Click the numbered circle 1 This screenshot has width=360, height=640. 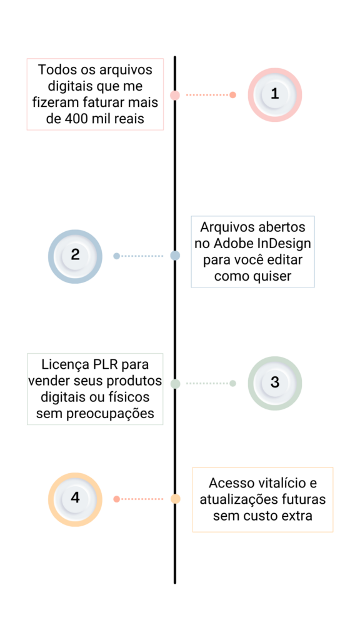click(x=275, y=95)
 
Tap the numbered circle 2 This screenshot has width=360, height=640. click(x=75, y=256)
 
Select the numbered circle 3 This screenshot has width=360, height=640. click(x=275, y=383)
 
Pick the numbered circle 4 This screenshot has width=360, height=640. click(x=75, y=499)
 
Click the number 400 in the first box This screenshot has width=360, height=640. click(x=76, y=119)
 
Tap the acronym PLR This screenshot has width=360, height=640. click(x=106, y=364)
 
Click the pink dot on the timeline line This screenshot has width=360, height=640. click(x=175, y=95)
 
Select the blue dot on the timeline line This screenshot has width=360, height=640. click(x=175, y=256)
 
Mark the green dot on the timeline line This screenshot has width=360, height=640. click(x=175, y=384)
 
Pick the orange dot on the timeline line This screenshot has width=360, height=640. click(x=175, y=499)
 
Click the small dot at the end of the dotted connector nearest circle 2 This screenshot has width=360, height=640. click(x=116, y=256)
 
